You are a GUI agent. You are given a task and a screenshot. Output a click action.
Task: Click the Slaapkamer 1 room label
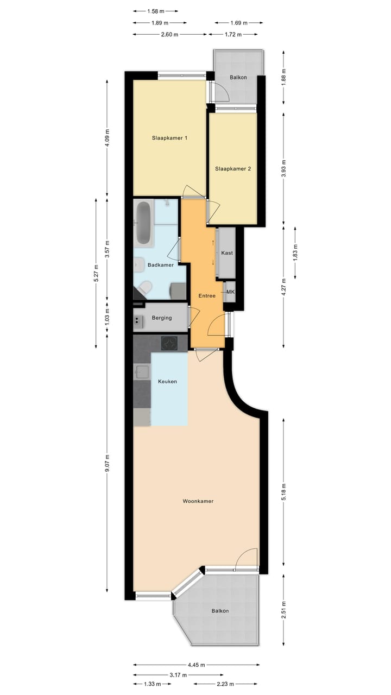point(169,138)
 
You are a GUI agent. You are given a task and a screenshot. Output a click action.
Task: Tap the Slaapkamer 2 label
point(233,169)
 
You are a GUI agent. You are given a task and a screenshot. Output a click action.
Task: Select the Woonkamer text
point(198,501)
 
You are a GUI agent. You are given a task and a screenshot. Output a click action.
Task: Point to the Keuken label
point(167,382)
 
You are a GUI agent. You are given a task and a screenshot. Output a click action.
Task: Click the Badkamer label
point(161,265)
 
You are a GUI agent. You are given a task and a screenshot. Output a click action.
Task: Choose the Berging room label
point(162,318)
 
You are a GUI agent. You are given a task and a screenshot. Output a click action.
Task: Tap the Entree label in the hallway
point(207,296)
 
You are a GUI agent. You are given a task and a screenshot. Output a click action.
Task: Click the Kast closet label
point(227,253)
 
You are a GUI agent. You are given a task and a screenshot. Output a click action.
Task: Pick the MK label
point(230,292)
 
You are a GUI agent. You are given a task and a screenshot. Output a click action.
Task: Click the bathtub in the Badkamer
point(144,223)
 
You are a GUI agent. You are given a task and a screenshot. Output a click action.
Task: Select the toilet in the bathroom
point(145,288)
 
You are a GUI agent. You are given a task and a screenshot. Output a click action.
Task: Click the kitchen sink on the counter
point(142,372)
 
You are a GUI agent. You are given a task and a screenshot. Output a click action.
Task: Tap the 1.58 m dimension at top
point(155,11)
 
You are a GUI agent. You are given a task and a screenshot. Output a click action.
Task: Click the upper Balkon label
point(238,77)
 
